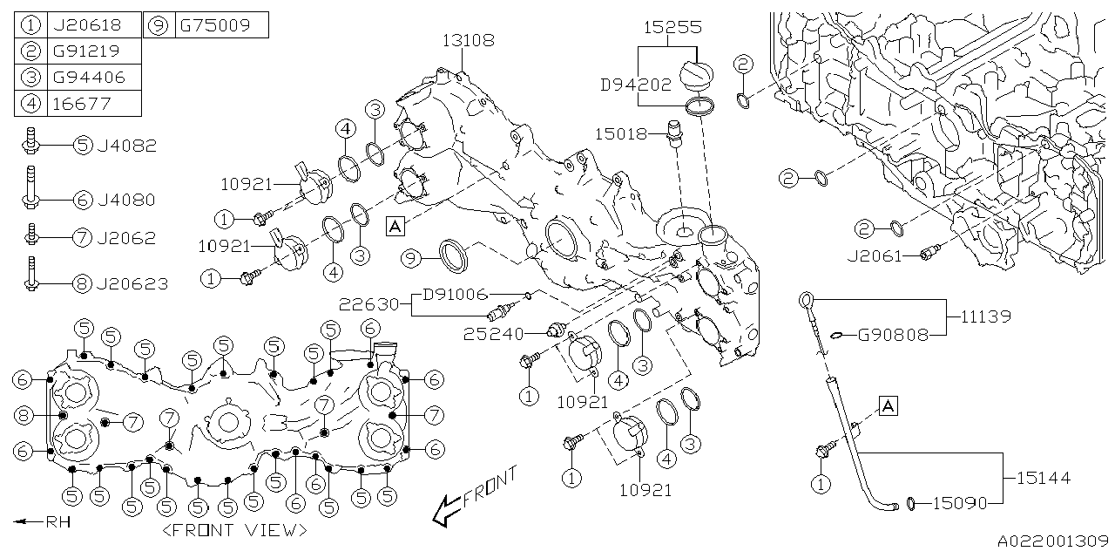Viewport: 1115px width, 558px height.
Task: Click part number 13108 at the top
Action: tap(469, 39)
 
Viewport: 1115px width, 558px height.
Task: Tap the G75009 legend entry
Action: tap(214, 24)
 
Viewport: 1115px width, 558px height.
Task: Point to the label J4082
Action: tap(128, 146)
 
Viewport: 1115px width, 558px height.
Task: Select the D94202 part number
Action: tap(635, 85)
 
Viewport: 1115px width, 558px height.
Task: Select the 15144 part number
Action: tap(1043, 478)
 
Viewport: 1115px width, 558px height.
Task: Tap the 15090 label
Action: tap(961, 503)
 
